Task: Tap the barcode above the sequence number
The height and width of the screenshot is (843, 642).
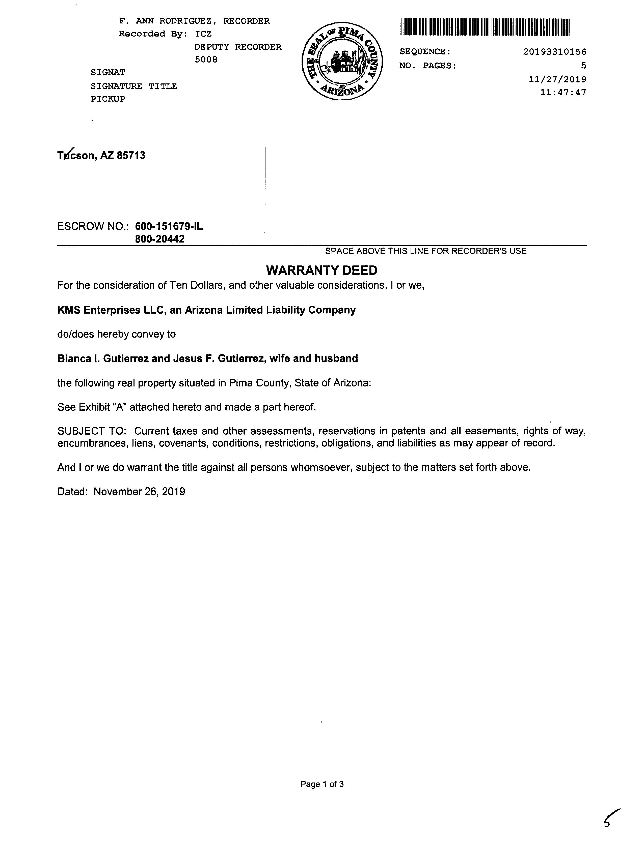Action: (x=485, y=27)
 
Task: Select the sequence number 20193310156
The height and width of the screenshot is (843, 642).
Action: (x=554, y=51)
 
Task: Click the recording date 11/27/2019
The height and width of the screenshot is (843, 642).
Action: (x=557, y=79)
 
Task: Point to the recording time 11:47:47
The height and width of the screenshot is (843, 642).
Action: (x=563, y=93)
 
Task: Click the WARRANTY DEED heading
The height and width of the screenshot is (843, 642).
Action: (x=322, y=270)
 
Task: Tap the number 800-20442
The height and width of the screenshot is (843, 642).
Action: (x=160, y=239)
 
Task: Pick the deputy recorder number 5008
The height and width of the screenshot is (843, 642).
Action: (x=206, y=59)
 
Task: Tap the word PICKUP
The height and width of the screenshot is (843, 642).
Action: (x=108, y=99)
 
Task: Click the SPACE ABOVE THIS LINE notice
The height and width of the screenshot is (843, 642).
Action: (x=425, y=251)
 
